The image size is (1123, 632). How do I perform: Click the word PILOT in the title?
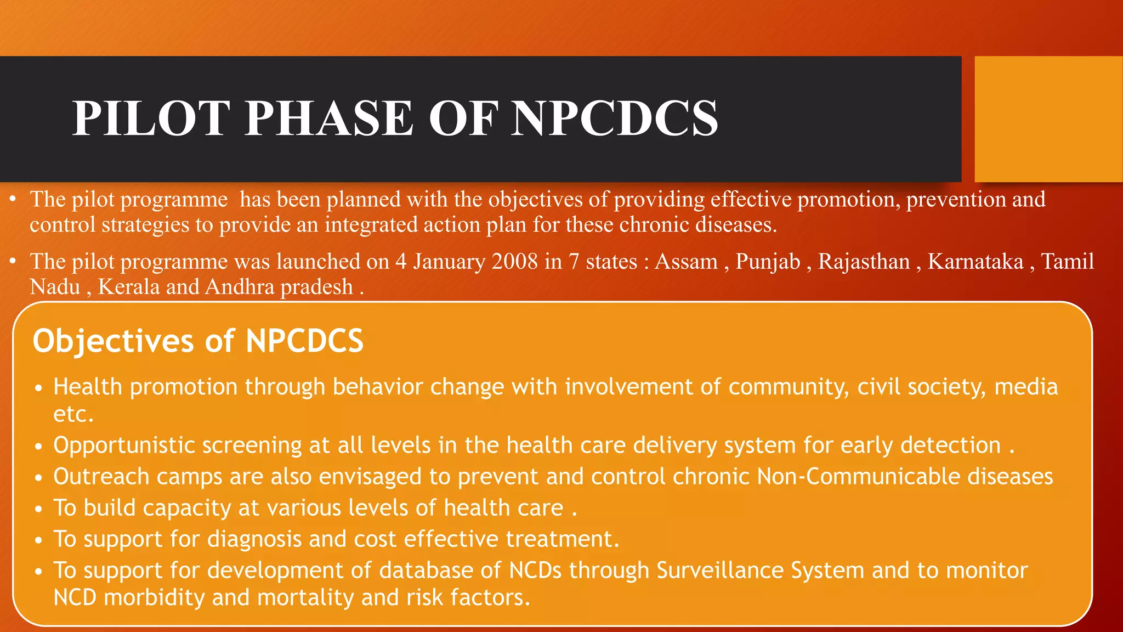(x=151, y=118)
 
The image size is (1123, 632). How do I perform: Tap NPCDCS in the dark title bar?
(x=614, y=118)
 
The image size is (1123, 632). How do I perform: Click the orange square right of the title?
(x=1048, y=119)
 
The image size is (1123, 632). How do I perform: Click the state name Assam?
(x=686, y=262)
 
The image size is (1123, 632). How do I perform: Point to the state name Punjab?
(x=768, y=262)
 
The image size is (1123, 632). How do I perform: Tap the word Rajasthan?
(x=864, y=262)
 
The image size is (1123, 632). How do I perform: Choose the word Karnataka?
(x=975, y=262)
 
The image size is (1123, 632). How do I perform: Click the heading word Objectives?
(x=113, y=341)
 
